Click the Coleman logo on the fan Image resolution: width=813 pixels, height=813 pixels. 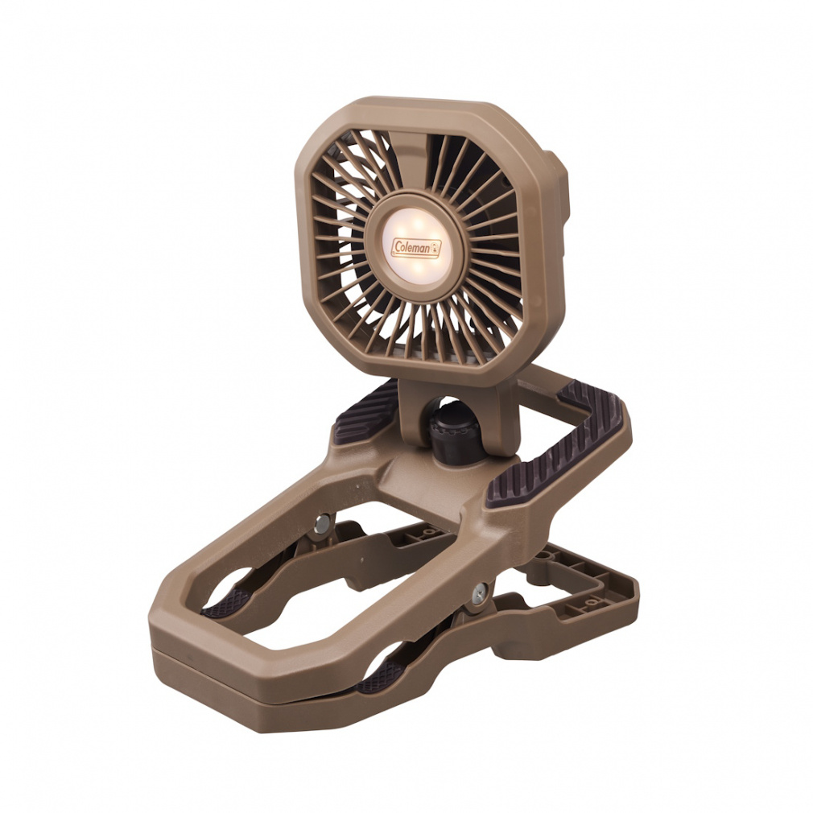(x=416, y=248)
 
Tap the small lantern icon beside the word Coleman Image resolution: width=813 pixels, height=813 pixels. (x=435, y=249)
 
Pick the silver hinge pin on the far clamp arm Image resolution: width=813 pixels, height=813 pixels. (x=322, y=524)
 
